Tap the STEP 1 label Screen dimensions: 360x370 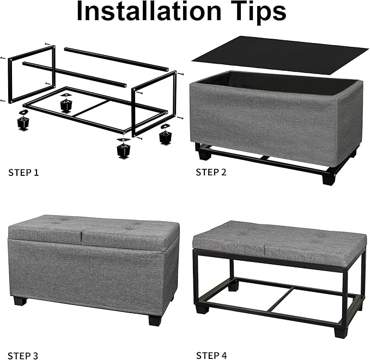coord(23,173)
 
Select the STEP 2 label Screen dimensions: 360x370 coord(211,173)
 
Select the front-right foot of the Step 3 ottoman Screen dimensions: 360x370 coord(155,319)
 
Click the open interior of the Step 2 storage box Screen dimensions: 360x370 coord(272,81)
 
